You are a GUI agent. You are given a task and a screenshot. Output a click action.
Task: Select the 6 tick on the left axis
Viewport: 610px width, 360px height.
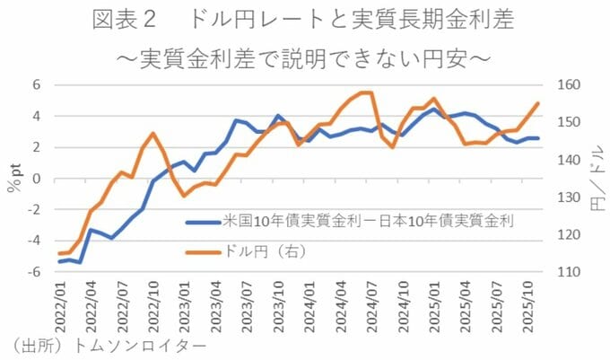coord(37,84)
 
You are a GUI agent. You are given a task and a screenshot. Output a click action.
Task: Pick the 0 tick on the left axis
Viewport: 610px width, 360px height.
coord(37,179)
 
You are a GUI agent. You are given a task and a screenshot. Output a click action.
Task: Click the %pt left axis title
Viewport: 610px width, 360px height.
coord(13,178)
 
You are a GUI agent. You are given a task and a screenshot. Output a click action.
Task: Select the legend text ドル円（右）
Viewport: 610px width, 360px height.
coord(264,252)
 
